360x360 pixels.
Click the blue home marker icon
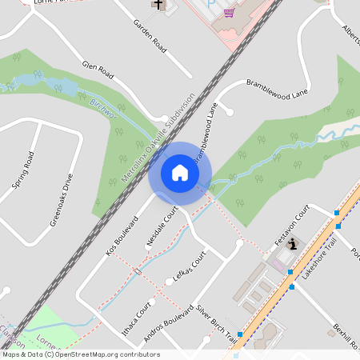click(179, 173)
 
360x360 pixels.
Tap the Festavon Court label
click(291, 225)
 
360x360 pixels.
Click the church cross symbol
click(158, 5)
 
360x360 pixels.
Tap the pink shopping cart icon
click(230, 12)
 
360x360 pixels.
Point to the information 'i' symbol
click(293, 243)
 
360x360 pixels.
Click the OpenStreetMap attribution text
click(81, 354)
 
